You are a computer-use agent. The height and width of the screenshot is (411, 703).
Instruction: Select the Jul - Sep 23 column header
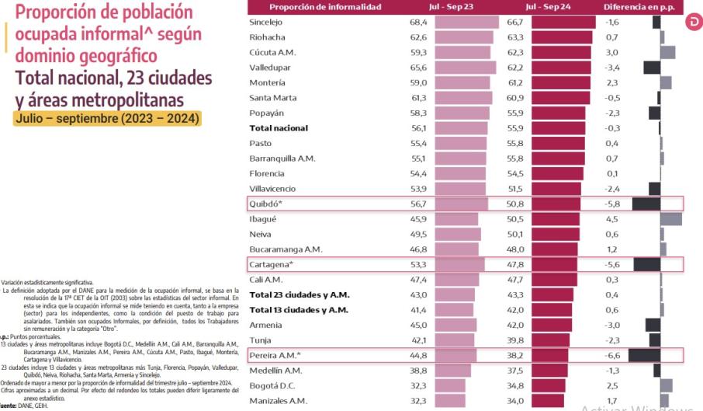[459, 7]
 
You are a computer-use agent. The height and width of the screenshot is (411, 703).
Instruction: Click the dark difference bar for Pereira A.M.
[644, 355]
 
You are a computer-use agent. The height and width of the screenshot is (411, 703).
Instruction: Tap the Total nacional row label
[279, 128]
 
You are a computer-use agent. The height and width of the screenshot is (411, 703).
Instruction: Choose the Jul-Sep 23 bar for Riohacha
[464, 37]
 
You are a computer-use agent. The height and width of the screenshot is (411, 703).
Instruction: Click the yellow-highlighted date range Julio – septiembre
[107, 119]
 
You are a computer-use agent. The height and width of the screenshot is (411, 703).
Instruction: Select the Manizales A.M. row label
[278, 401]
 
